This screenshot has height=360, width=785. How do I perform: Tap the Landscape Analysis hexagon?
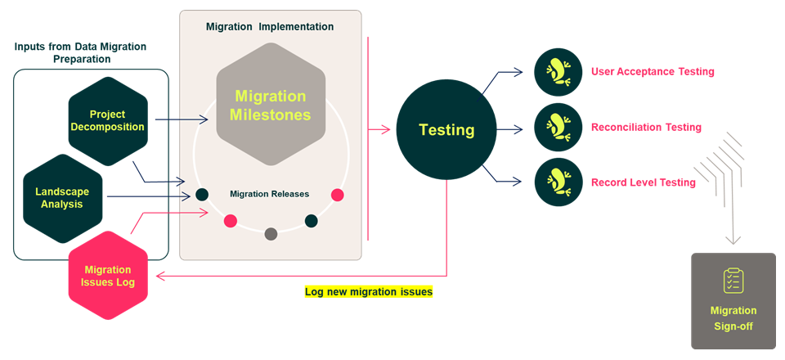tap(62, 197)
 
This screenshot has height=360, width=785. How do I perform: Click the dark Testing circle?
tap(446, 129)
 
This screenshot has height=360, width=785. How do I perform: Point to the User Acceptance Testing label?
tap(653, 72)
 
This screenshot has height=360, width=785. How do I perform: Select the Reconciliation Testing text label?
tap(646, 128)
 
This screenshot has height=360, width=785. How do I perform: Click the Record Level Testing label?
tap(644, 182)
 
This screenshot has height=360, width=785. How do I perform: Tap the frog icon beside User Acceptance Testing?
tap(558, 72)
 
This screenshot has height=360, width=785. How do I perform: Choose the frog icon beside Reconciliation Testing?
tap(558, 128)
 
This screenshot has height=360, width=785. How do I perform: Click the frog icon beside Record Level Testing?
tap(558, 182)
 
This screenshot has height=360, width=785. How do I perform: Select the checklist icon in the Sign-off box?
tap(733, 281)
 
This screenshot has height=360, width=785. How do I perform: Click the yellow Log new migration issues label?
tap(368, 291)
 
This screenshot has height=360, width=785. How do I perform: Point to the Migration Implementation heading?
tap(270, 27)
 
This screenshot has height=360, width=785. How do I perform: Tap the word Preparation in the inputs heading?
tap(79, 60)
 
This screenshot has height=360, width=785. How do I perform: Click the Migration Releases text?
tap(270, 194)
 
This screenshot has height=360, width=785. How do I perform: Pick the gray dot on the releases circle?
tap(271, 234)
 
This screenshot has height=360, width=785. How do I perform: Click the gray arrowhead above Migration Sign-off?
tap(733, 240)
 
